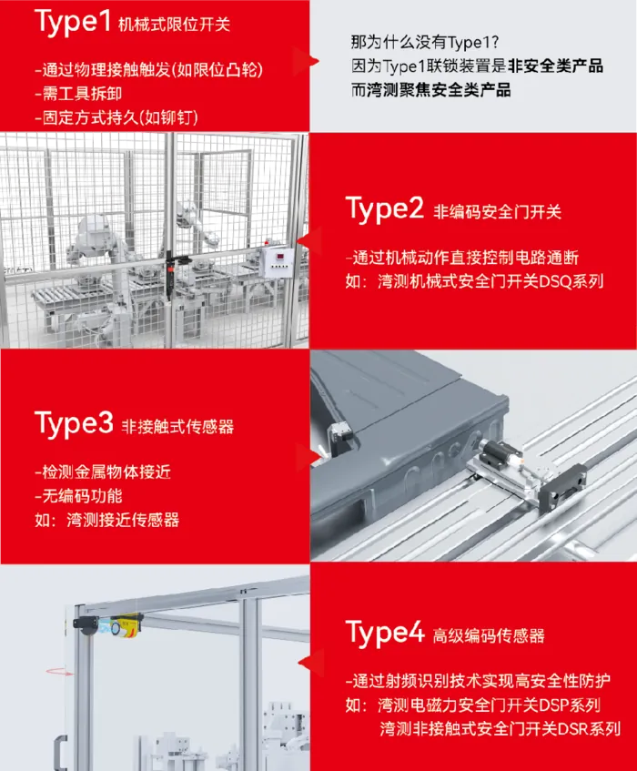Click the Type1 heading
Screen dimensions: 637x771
tap(73, 22)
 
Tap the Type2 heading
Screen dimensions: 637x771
tap(384, 208)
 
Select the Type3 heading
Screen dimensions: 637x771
tap(74, 423)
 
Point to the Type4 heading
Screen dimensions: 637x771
tap(385, 633)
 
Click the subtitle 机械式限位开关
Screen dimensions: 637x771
tap(174, 25)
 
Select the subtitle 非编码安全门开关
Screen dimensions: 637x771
tap(497, 212)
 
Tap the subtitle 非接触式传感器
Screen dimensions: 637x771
tap(177, 427)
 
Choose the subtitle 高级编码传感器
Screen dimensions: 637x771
tap(489, 635)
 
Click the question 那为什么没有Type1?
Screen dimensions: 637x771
tap(425, 42)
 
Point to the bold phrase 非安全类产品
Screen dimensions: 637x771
tap(555, 66)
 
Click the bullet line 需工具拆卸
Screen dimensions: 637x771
tap(78, 94)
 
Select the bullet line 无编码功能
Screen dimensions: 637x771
tap(78, 495)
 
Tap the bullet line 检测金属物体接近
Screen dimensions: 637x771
tap(103, 472)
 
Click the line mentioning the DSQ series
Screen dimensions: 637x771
tap(474, 281)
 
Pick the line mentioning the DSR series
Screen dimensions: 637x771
tap(500, 729)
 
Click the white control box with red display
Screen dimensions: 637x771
tap(278, 261)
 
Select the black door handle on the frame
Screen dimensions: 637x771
tap(60, 752)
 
